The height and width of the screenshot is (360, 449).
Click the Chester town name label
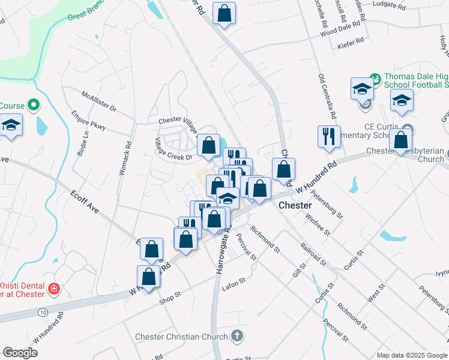(x=295, y=205)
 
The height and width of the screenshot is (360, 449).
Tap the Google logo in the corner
(x=20, y=353)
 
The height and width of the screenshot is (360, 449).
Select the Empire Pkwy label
(x=88, y=120)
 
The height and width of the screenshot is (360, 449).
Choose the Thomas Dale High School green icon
(x=375, y=79)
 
